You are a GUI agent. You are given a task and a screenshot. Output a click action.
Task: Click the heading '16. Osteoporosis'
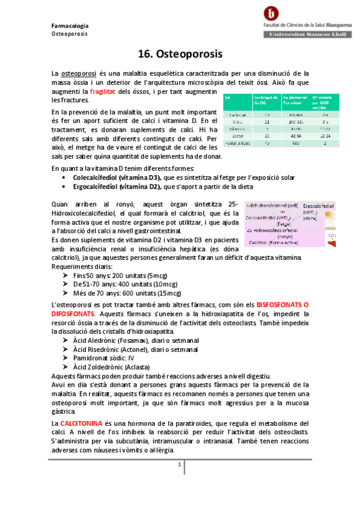tap(180, 53)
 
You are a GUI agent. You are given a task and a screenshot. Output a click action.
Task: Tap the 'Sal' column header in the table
tap(227, 96)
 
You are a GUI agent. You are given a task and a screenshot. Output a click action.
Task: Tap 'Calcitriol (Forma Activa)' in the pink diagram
tap(277, 242)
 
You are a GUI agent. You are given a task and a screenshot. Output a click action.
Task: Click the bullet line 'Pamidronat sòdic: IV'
tap(103, 357)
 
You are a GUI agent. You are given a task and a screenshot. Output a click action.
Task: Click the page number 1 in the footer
tap(178, 465)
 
